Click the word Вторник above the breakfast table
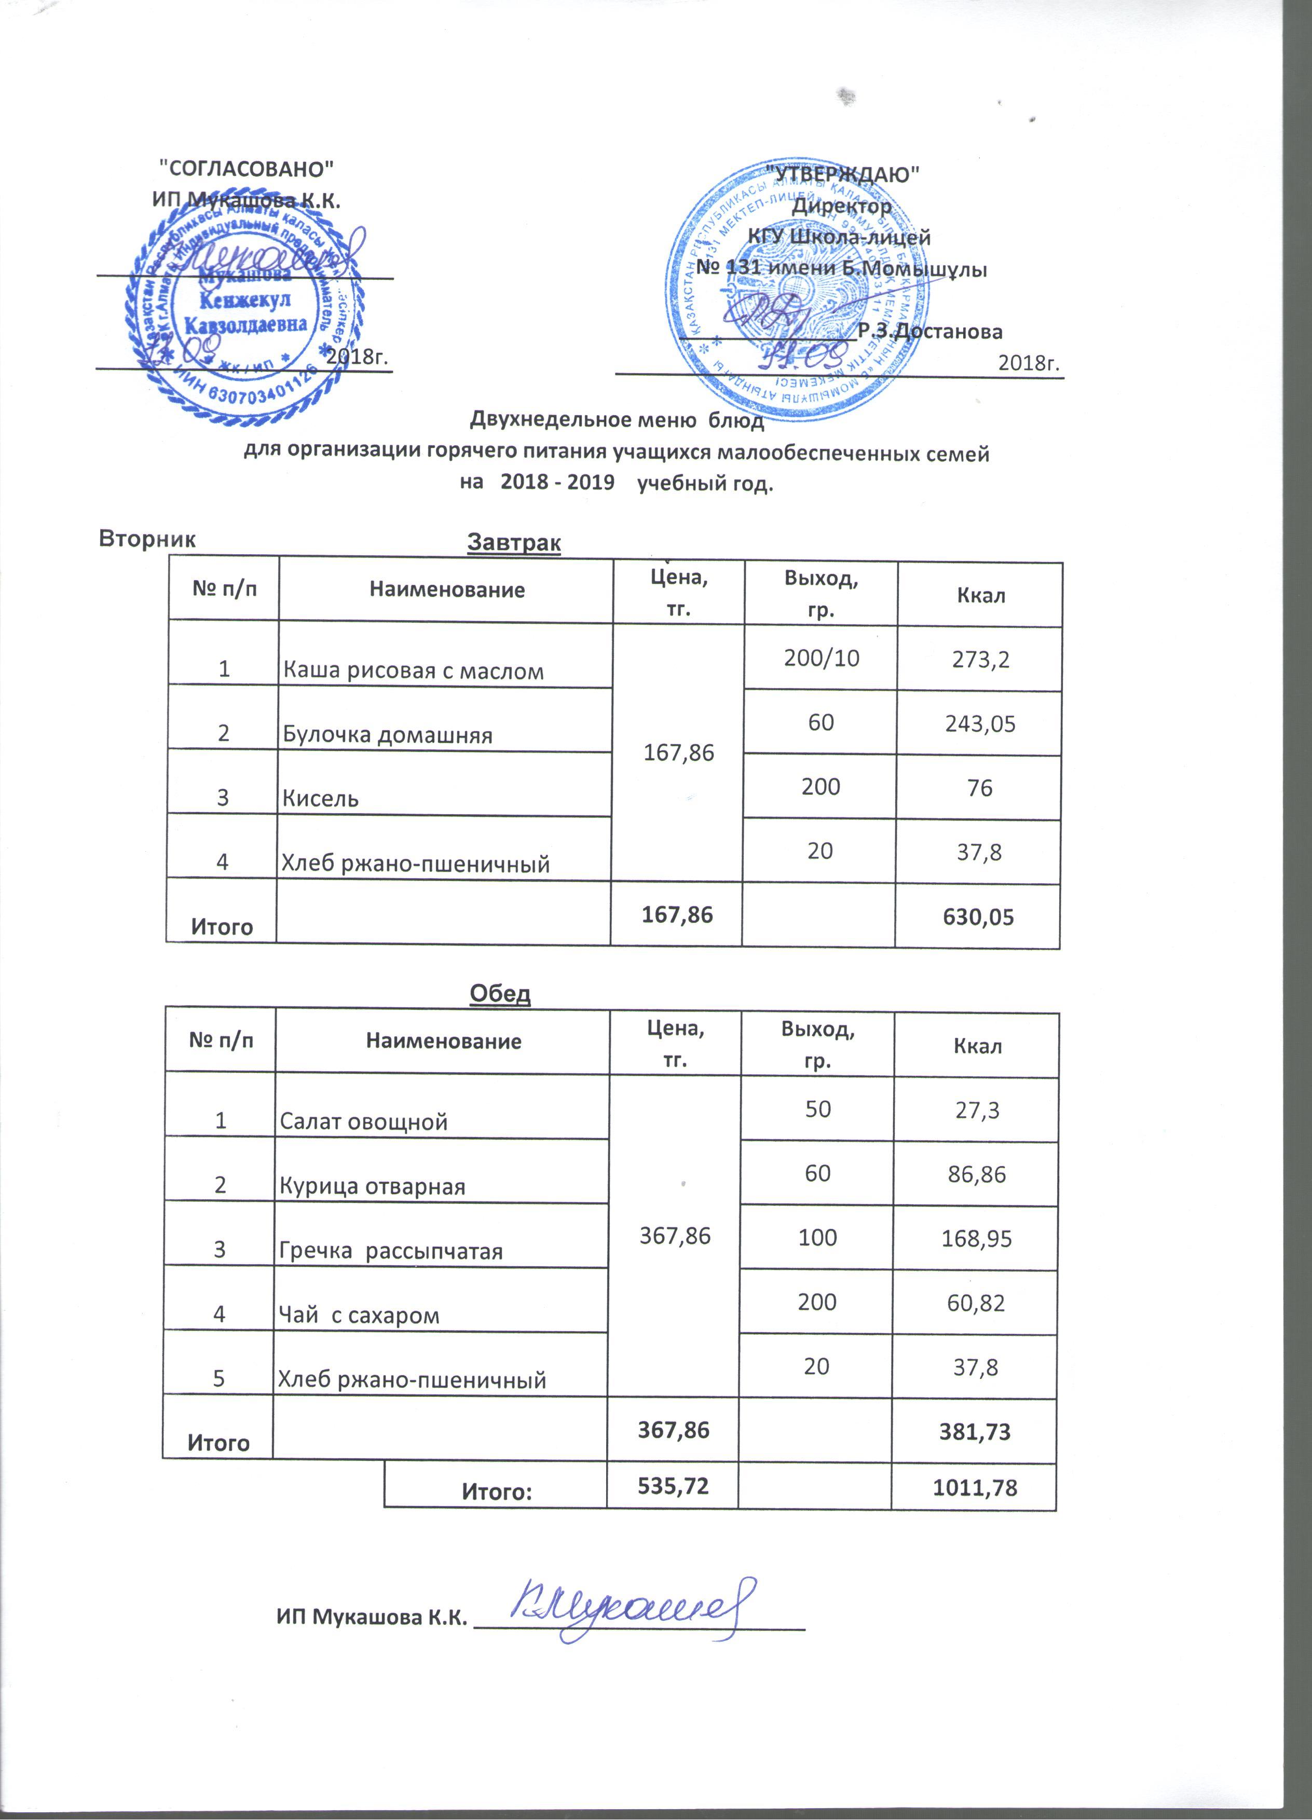pos(147,539)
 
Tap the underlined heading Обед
pos(500,993)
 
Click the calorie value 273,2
pos(980,660)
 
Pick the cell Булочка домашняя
pos(388,735)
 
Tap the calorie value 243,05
pos(980,724)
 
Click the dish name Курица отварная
pos(372,1186)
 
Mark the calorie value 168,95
pos(977,1238)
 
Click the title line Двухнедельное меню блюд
pos(616,420)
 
